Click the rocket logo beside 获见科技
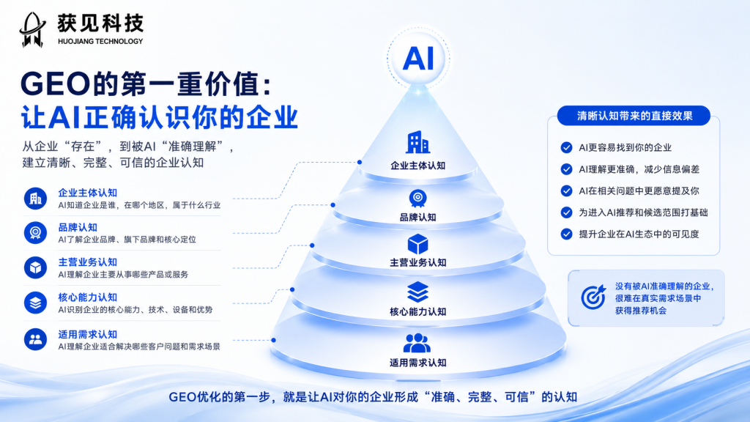32,29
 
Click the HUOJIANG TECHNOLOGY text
100,42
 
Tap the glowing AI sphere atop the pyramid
418,59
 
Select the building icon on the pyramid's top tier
417,142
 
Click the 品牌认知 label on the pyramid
417,217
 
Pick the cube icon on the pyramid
417,244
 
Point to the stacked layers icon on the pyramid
417,292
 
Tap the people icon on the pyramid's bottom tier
417,343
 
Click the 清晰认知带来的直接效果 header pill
634,116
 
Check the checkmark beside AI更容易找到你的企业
566,147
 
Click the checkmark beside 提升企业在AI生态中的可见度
566,234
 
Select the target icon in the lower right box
593,297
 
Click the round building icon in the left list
35,199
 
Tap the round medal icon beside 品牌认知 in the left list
35,233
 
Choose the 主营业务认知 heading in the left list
88,262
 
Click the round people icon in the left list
35,339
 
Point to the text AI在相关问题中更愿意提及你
639,191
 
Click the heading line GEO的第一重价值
146,84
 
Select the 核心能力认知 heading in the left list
88,297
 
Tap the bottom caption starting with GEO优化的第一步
373,396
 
